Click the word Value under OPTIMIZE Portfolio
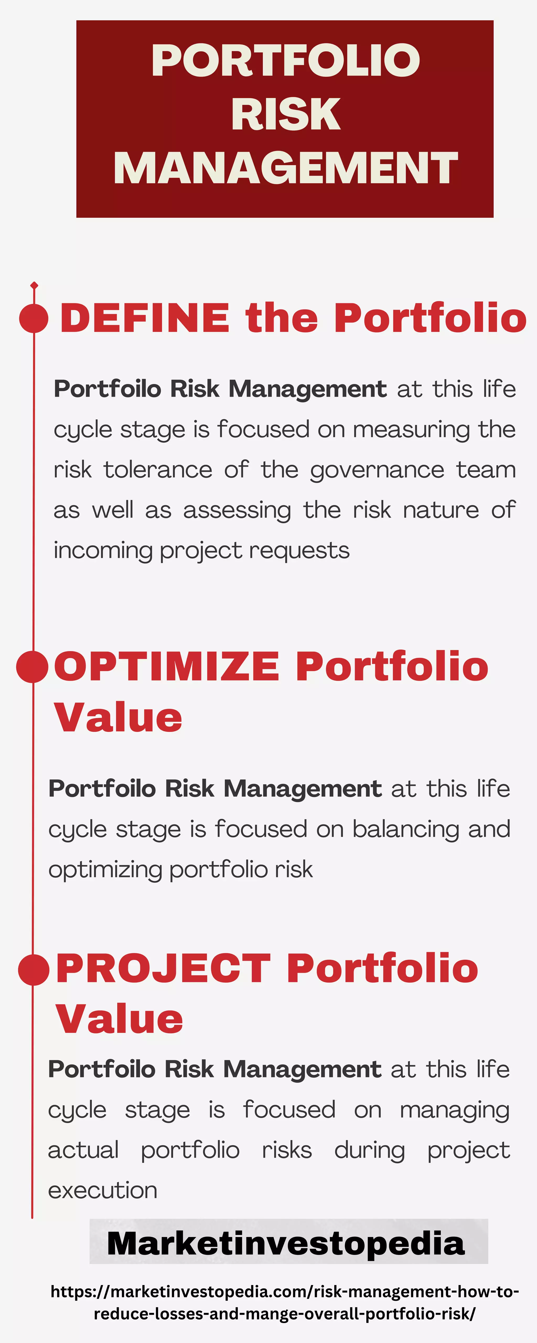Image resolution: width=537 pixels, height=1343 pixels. pos(118,718)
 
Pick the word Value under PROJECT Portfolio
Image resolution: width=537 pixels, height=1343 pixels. pos(119,1019)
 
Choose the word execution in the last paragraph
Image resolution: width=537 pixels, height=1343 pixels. pos(103,1190)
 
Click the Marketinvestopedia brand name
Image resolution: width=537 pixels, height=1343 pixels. pos(286,1243)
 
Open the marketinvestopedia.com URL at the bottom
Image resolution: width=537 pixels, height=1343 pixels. pos(285,1302)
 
